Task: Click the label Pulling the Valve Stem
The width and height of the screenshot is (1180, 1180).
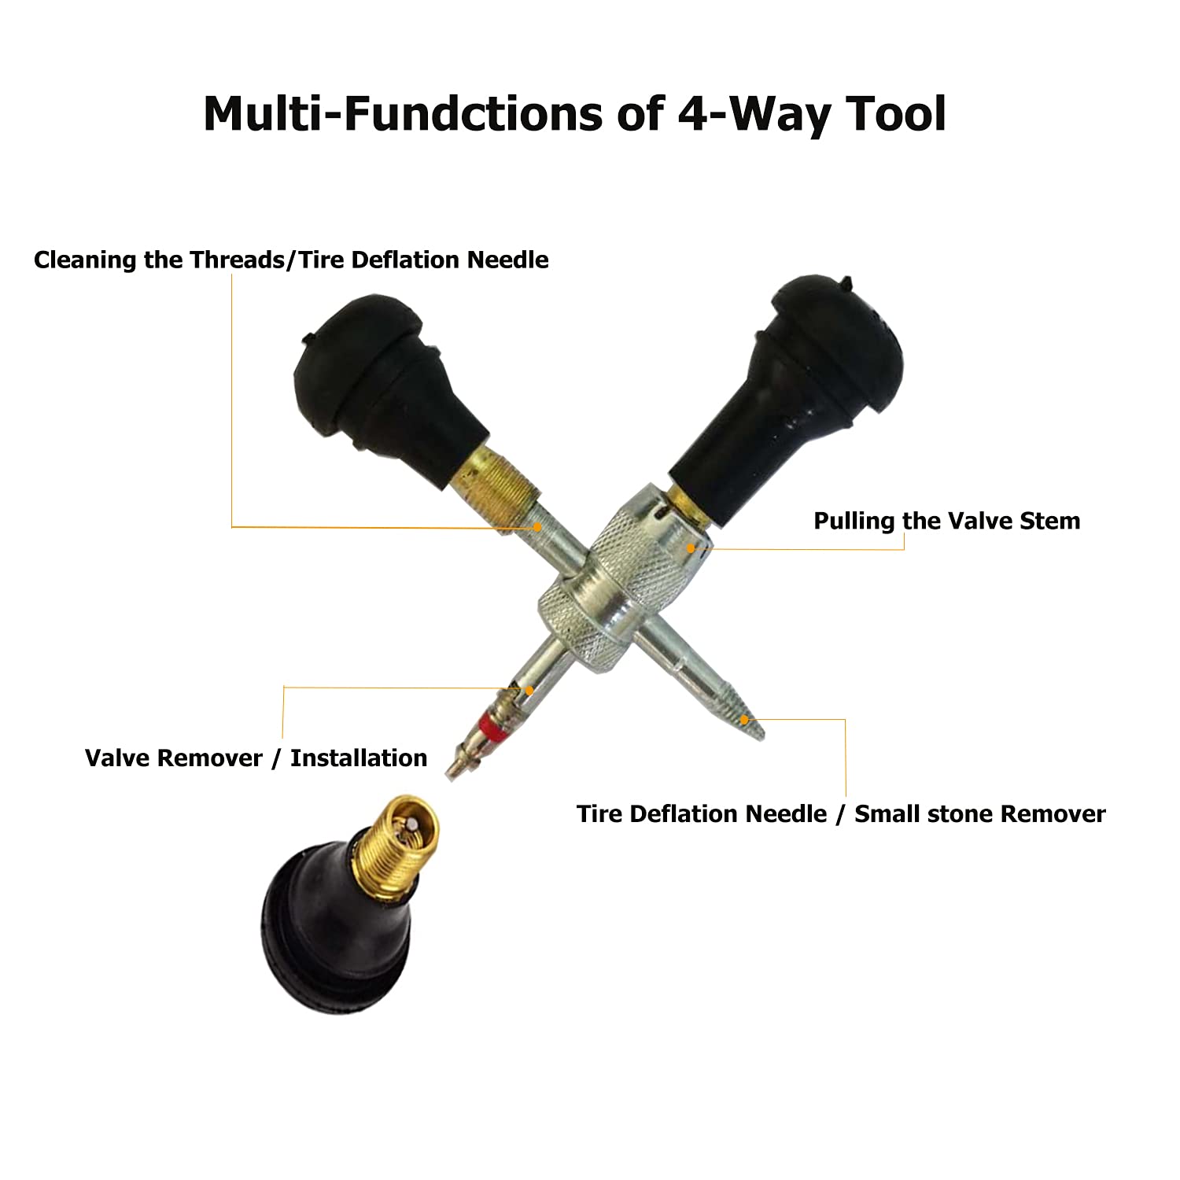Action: pyautogui.click(x=946, y=521)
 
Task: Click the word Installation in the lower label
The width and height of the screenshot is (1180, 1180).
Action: pyautogui.click(x=359, y=758)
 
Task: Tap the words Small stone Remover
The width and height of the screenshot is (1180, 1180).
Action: pyautogui.click(x=979, y=813)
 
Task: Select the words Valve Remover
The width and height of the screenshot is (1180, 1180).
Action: pyautogui.click(x=173, y=758)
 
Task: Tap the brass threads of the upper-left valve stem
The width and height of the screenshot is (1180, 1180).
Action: pyautogui.click(x=496, y=480)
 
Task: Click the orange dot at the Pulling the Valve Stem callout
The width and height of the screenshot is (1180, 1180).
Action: pyautogui.click(x=691, y=548)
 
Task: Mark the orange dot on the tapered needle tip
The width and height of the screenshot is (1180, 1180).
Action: pyautogui.click(x=744, y=719)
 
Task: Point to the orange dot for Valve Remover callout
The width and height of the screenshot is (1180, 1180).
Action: pyautogui.click(x=529, y=690)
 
